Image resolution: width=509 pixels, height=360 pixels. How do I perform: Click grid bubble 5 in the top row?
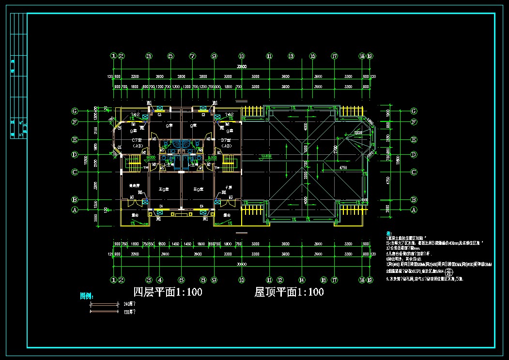[170, 56]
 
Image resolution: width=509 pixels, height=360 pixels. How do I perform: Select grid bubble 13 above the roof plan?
[291, 56]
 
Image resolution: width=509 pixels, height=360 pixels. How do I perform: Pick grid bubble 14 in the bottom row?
[301, 280]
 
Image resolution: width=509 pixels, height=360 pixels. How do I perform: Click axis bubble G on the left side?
[75, 111]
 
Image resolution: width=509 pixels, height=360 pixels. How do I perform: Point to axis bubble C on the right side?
[414, 172]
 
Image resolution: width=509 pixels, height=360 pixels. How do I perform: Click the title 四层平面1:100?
[168, 292]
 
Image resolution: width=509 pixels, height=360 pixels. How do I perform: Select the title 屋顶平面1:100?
[289, 292]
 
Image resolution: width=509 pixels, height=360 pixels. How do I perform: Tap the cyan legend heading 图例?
[86, 296]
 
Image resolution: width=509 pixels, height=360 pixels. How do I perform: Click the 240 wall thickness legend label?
[129, 304]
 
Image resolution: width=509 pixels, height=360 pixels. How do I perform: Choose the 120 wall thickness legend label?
[129, 312]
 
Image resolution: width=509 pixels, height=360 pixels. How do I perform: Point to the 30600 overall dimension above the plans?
[242, 66]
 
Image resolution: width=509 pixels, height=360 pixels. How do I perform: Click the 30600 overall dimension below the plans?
[242, 264]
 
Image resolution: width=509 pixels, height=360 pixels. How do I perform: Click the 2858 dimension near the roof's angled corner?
[358, 132]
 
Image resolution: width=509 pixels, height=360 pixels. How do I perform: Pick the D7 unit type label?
[225, 140]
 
